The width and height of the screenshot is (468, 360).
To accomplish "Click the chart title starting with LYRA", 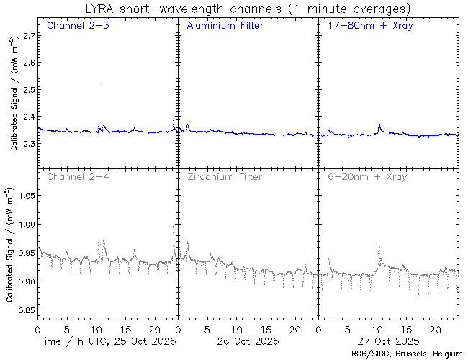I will (244, 8).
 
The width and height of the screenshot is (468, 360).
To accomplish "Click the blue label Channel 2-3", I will (77, 26).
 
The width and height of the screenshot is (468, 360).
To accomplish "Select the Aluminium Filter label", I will (225, 26).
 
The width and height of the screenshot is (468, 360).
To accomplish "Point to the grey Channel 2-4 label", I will (77, 176).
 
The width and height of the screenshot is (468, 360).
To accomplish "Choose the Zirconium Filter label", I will (224, 176).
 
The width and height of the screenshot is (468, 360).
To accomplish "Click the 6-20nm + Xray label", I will (366, 176).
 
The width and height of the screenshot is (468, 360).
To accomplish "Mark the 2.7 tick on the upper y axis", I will (27, 35).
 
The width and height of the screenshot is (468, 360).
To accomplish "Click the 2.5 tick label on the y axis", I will (27, 90).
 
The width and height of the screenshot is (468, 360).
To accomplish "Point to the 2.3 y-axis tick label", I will (27, 144).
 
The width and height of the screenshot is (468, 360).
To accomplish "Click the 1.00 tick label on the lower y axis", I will (24, 225).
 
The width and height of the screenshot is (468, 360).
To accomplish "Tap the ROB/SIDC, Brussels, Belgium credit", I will (407, 354).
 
